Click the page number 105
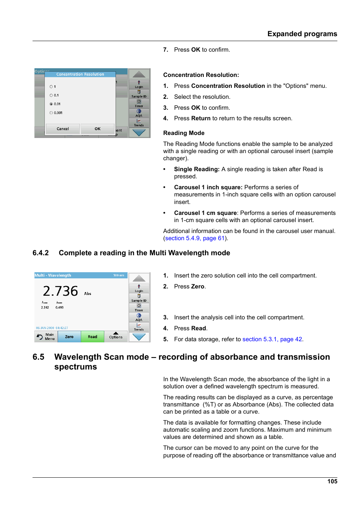pyautogui.click(x=332, y=481)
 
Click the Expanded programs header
pyautogui.click(x=302, y=34)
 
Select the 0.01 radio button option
pyautogui.click(x=51, y=104)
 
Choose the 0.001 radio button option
pyautogui.click(x=51, y=113)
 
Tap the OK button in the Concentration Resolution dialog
pyautogui.click(x=97, y=129)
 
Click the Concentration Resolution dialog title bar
pyautogui.click(x=80, y=74)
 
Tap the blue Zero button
pyautogui.click(x=69, y=337)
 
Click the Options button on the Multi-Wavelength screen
pyautogui.click(x=116, y=336)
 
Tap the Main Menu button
pyautogui.click(x=46, y=337)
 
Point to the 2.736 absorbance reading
pyautogui.click(x=60, y=291)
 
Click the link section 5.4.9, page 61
pyautogui.click(x=195, y=238)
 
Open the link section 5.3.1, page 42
pyautogui.click(x=272, y=339)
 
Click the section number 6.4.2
pyautogui.click(x=40, y=253)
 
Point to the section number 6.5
pyautogui.click(x=38, y=357)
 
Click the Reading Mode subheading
pyautogui.click(x=184, y=133)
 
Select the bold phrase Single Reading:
pyautogui.click(x=197, y=169)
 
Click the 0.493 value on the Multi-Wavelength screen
pyautogui.click(x=60, y=308)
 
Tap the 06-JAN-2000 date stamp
pyautogui.click(x=45, y=328)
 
